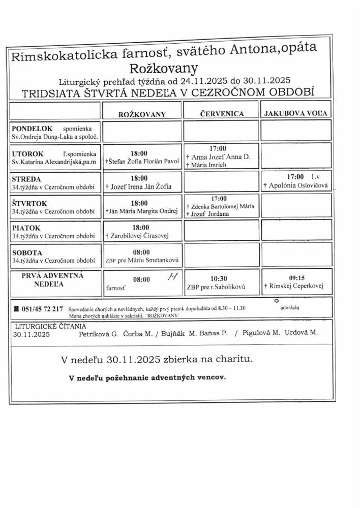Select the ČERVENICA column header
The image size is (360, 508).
pos(221,114)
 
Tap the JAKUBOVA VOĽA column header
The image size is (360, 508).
pos(295,114)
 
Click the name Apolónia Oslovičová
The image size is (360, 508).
pos(299,187)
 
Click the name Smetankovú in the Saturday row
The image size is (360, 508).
pos(153,261)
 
